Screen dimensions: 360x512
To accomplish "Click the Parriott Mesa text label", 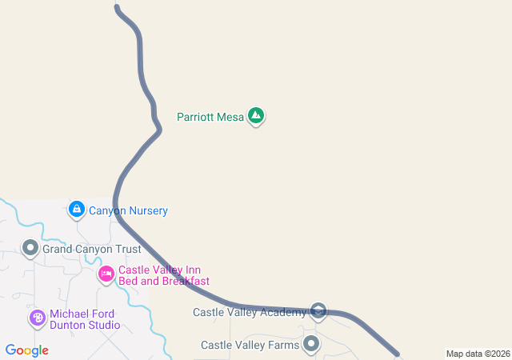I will click(210, 117).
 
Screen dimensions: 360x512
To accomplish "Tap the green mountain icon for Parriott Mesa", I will click(256, 117).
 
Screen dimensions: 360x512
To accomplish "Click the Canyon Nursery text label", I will click(129, 211).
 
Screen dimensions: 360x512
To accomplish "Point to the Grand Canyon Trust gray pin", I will click(30, 249).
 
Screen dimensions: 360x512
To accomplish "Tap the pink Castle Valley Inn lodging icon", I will click(106, 275).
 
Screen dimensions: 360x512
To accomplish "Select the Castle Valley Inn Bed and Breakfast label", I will click(163, 275).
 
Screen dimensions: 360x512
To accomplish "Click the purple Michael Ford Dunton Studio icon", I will click(38, 318).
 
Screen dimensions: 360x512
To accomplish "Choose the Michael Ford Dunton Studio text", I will click(84, 319).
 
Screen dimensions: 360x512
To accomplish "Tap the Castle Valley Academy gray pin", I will click(318, 311).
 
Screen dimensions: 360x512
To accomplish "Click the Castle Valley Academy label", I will click(249, 312).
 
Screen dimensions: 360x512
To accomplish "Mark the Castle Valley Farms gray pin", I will click(310, 345).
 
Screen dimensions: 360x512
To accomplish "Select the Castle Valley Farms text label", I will click(250, 346).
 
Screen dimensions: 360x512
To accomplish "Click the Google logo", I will click(26, 350).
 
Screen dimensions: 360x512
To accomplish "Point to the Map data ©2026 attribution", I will click(477, 354).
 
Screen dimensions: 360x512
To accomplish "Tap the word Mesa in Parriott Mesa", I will click(230, 117).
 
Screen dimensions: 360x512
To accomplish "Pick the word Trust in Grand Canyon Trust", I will click(127, 250).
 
